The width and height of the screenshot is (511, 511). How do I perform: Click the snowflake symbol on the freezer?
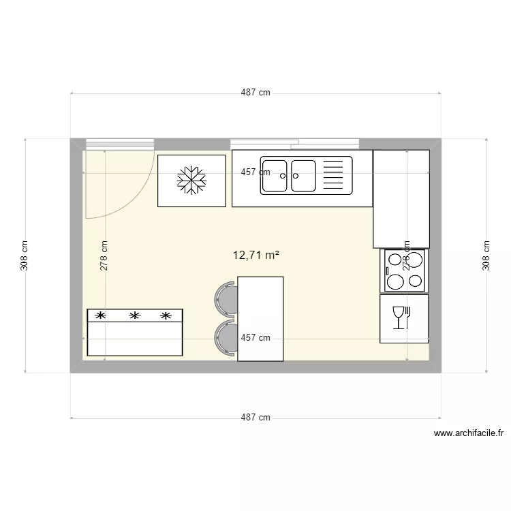191,180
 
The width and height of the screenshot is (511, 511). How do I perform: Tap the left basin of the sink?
275,176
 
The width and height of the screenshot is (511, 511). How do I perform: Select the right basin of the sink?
303,176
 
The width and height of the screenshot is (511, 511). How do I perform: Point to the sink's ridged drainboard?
335,176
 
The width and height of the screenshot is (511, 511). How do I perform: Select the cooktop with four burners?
404,270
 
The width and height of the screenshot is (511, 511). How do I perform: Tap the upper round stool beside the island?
226,298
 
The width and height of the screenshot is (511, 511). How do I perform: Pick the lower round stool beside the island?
226,338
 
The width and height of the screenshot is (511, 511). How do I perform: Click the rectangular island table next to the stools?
260,318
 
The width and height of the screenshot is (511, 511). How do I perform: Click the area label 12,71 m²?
255,255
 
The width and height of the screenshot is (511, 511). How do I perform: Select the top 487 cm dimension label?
255,93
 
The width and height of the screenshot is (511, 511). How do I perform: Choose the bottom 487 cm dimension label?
255,418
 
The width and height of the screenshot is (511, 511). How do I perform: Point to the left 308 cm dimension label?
25,255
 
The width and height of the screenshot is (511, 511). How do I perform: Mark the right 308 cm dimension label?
486,255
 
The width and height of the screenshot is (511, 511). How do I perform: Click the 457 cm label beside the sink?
255,172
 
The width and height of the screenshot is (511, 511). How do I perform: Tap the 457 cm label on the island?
255,337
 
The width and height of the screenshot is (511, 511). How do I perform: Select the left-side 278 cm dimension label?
104,255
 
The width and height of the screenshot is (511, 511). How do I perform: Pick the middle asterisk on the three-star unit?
135,315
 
